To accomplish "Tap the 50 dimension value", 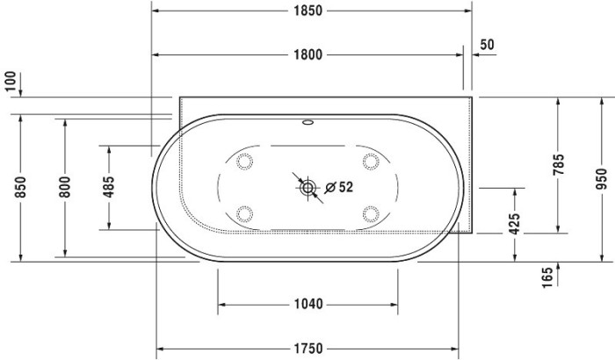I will pyautogui.click(x=488, y=45).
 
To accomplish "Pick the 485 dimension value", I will pyautogui.click(x=109, y=187).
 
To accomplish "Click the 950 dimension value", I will pyautogui.click(x=602, y=178).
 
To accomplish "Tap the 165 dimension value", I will pyautogui.click(x=546, y=277).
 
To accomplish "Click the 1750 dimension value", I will pyautogui.click(x=307, y=348).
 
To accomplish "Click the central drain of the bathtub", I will pyautogui.click(x=308, y=187).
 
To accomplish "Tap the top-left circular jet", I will pyautogui.click(x=245, y=161).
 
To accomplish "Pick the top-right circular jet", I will pyautogui.click(x=371, y=161).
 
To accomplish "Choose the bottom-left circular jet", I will pyautogui.click(x=245, y=212).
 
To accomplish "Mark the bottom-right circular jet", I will pyautogui.click(x=371, y=212).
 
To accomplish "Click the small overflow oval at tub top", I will pyautogui.click(x=308, y=123).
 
